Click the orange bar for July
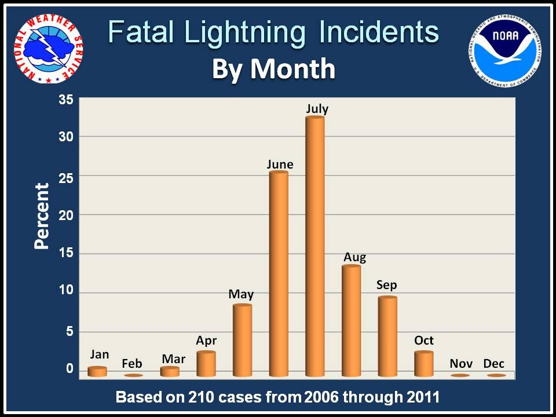pyautogui.click(x=314, y=246)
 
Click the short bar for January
pyautogui.click(x=97, y=371)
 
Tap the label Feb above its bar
pyautogui.click(x=132, y=364)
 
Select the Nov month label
pyautogui.click(x=460, y=364)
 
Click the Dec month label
pyautogui.click(x=493, y=364)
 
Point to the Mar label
pyautogui.click(x=173, y=359)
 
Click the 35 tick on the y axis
pyautogui.click(x=66, y=100)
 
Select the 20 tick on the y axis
pyautogui.click(x=66, y=215)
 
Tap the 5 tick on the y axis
pyautogui.click(x=69, y=332)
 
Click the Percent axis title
pyautogui.click(x=42, y=215)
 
